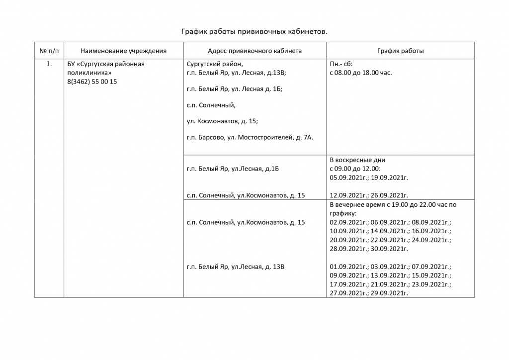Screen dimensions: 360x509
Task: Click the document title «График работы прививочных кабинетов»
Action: pos(254,32)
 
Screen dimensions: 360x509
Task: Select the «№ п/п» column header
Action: pos(49,51)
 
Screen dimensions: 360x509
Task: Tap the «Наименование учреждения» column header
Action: pos(123,51)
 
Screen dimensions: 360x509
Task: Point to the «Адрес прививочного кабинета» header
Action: pos(254,51)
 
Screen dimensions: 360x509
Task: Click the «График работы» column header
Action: pos(400,51)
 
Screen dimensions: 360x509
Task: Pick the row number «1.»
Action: pos(49,64)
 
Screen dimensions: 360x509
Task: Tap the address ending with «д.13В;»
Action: pos(237,73)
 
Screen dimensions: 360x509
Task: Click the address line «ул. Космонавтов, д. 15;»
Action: pos(222,121)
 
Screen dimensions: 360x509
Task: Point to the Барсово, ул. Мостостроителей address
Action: pos(250,137)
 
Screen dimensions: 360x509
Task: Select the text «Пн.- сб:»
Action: pos(341,64)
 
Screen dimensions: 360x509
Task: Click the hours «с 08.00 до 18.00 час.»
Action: pos(361,73)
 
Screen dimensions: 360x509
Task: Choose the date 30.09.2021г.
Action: pos(389,249)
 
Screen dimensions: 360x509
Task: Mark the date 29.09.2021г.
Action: pos(389,293)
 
